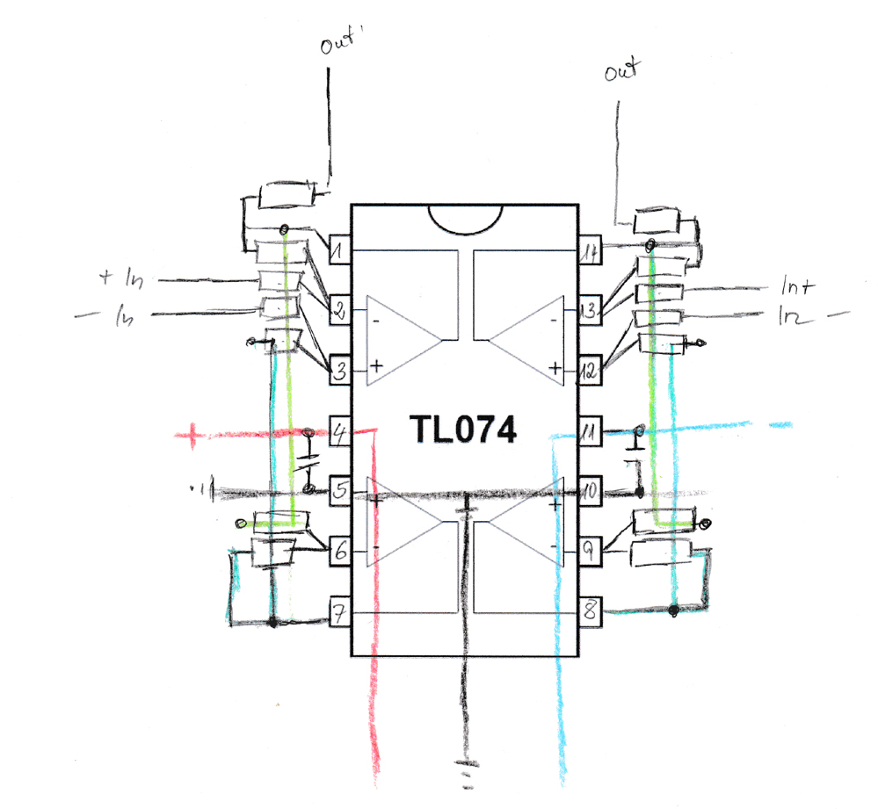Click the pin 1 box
tap(339, 252)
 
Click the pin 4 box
tap(339, 430)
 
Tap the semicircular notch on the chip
tap(464, 219)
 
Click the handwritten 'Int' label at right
tap(797, 287)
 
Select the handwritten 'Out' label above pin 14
tap(623, 72)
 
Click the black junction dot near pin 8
tap(672, 610)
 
